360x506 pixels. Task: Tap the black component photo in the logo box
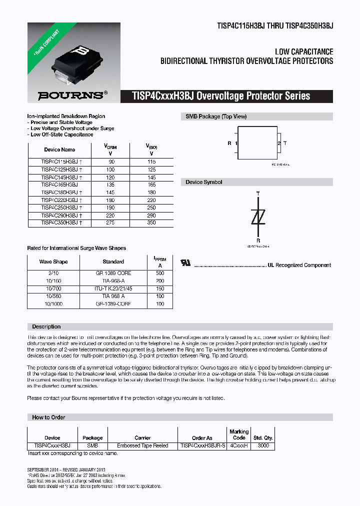(77, 55)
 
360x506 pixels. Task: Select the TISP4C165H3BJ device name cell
(59, 184)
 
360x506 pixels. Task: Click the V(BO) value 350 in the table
(151, 222)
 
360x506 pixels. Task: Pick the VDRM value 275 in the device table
(110, 222)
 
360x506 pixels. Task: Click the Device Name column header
(59, 149)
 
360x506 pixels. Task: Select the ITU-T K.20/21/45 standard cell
(113, 288)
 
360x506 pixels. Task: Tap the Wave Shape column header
(53, 261)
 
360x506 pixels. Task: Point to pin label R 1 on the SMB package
(232, 143)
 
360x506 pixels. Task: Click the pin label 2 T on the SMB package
(282, 143)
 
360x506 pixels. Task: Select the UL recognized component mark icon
(185, 263)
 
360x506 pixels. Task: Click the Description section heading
(46, 326)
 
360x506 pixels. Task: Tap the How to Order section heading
(48, 417)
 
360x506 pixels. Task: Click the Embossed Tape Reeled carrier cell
(142, 445)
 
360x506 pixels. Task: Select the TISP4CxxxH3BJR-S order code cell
(203, 445)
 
